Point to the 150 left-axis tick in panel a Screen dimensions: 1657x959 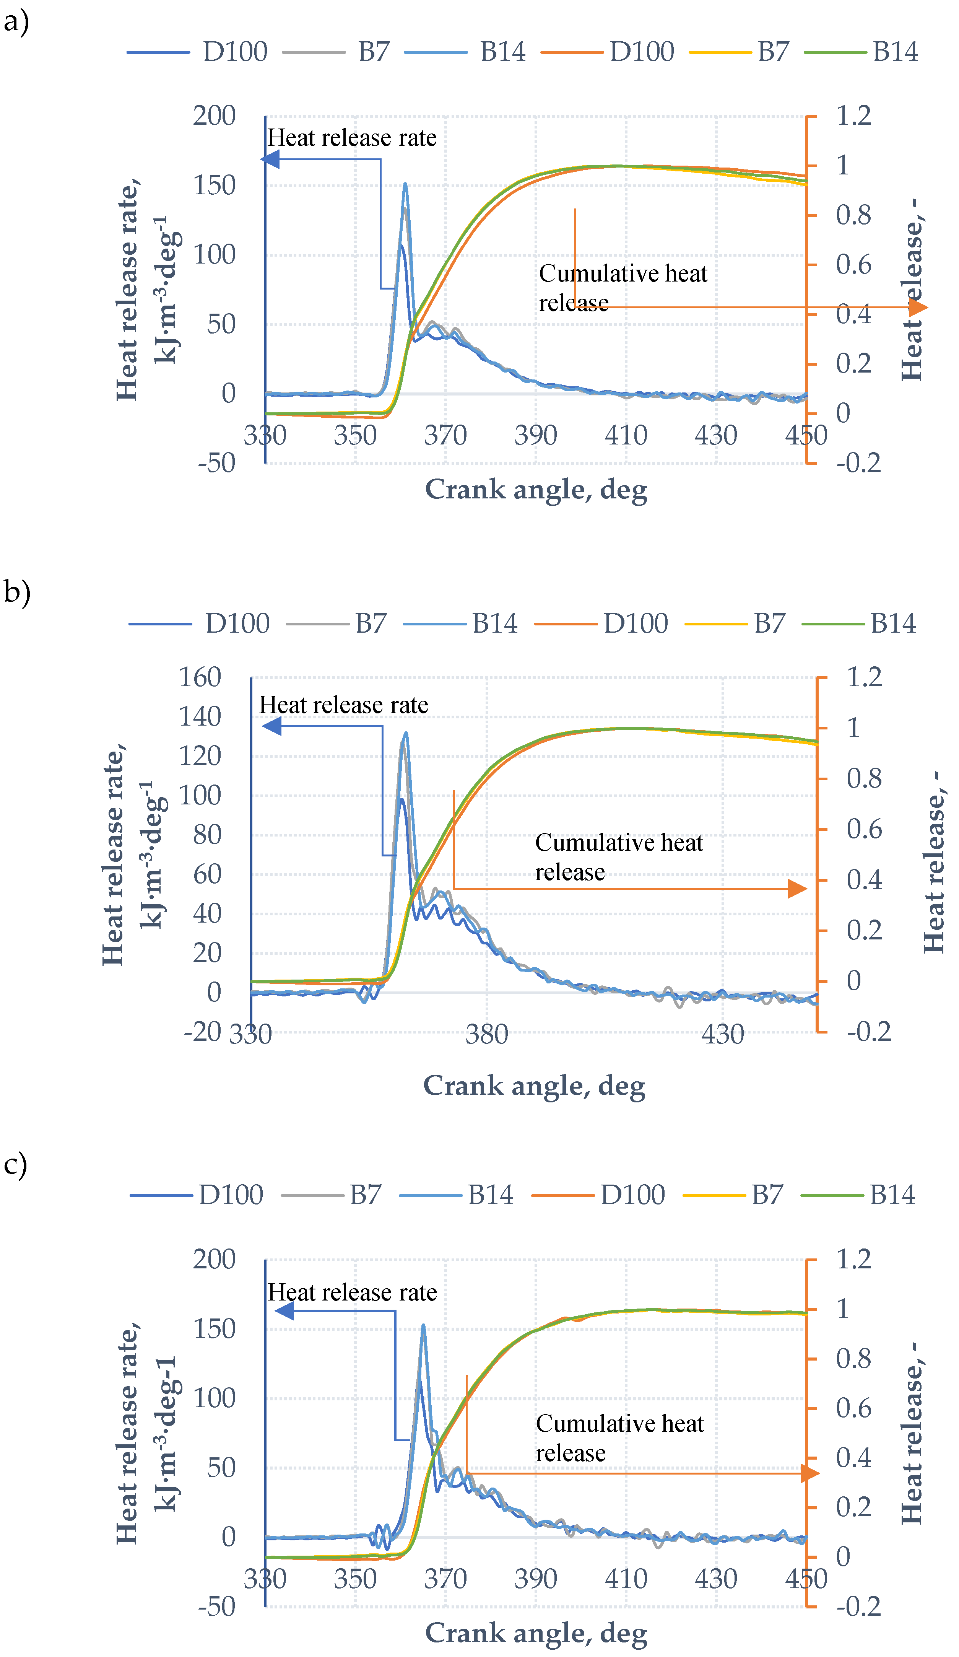[x=214, y=186]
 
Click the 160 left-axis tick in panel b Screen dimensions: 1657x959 [x=200, y=677]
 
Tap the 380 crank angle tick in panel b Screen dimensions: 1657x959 [x=486, y=1034]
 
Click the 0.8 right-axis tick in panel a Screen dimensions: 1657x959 [x=853, y=215]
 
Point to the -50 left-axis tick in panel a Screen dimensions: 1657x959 [x=216, y=463]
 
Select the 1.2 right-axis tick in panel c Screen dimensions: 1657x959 [x=853, y=1259]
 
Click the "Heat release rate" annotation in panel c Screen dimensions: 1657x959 [x=352, y=1292]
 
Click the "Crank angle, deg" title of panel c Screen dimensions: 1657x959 [x=536, y=1633]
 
